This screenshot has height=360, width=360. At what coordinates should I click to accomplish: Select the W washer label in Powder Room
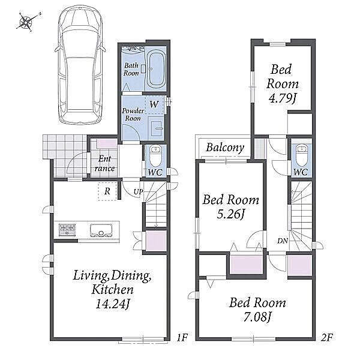pyautogui.click(x=154, y=104)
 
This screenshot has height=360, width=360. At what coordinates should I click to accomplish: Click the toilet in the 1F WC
pyautogui.click(x=155, y=156)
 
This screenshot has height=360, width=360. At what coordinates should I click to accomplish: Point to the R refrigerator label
pyautogui.click(x=107, y=191)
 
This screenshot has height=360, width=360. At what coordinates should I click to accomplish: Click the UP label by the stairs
pyautogui.click(x=139, y=192)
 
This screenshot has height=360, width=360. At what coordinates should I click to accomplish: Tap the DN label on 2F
pyautogui.click(x=283, y=241)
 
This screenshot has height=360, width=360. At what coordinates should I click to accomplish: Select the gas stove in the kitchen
pyautogui.click(x=67, y=229)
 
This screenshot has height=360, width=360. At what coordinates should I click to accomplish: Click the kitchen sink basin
pyautogui.click(x=101, y=230)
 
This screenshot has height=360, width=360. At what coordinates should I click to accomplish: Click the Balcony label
pyautogui.click(x=225, y=148)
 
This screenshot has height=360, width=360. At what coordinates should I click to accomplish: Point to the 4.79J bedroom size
pyautogui.click(x=283, y=99)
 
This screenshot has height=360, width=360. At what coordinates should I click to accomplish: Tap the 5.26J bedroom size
pyautogui.click(x=231, y=214)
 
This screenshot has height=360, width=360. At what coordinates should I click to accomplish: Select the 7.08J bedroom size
pyautogui.click(x=257, y=317)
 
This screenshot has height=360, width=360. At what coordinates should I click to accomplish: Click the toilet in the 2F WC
pyautogui.click(x=301, y=156)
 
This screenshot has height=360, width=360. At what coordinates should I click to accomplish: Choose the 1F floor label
pyautogui.click(x=182, y=337)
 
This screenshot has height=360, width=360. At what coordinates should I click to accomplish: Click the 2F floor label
pyautogui.click(x=327, y=337)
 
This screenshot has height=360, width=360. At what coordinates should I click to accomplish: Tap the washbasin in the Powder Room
pyautogui.click(x=156, y=128)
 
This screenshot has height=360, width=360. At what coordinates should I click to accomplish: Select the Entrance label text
pyautogui.click(x=104, y=163)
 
